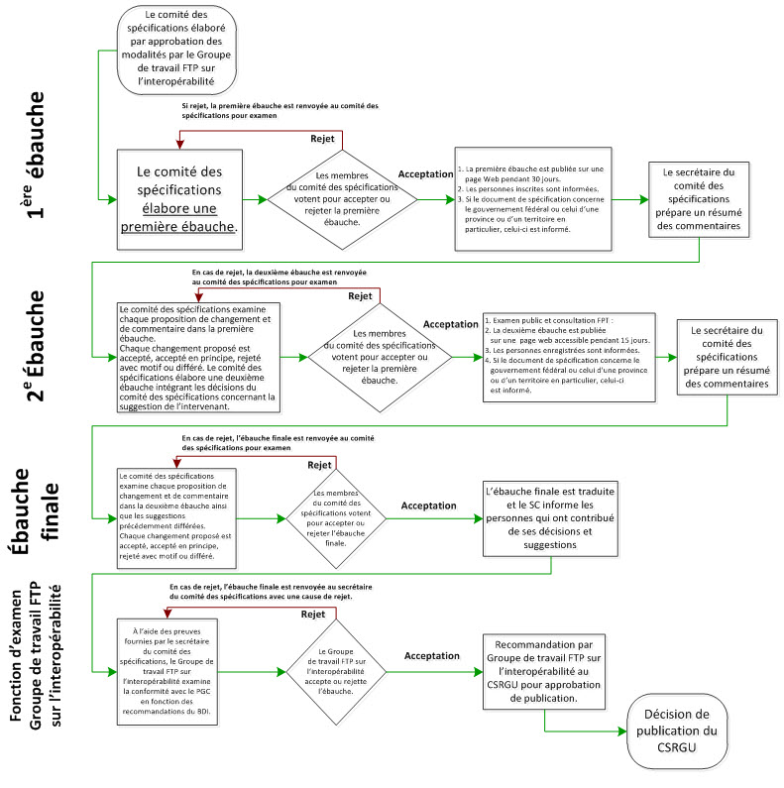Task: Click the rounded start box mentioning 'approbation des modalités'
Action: click(178, 49)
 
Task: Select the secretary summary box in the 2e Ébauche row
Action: click(728, 356)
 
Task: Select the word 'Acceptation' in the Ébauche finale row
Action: click(428, 506)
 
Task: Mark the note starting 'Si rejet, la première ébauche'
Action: click(279, 110)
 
